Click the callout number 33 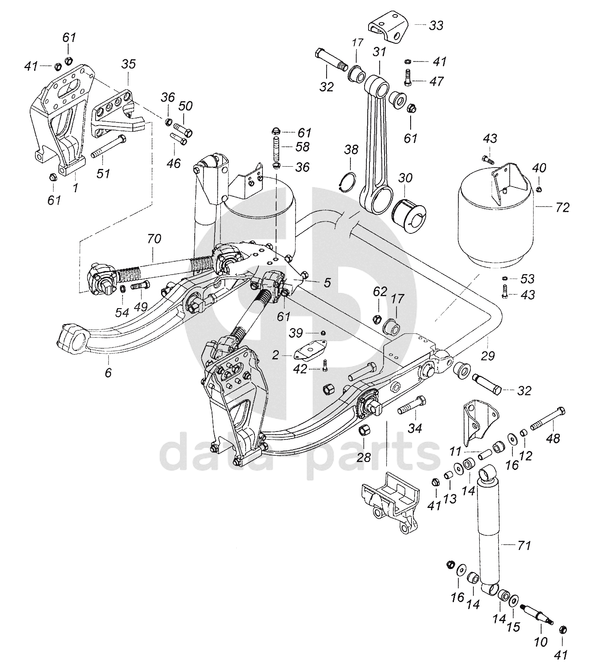pyautogui.click(x=436, y=26)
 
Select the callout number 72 pyautogui.click(x=562, y=208)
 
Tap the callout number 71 pyautogui.click(x=524, y=545)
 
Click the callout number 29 pyautogui.click(x=488, y=356)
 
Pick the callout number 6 pyautogui.click(x=108, y=373)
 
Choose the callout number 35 pyautogui.click(x=128, y=64)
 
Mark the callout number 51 pyautogui.click(x=103, y=173)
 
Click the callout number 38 pyautogui.click(x=351, y=149)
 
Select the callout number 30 pyautogui.click(x=405, y=178)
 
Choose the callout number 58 pyautogui.click(x=302, y=147)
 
